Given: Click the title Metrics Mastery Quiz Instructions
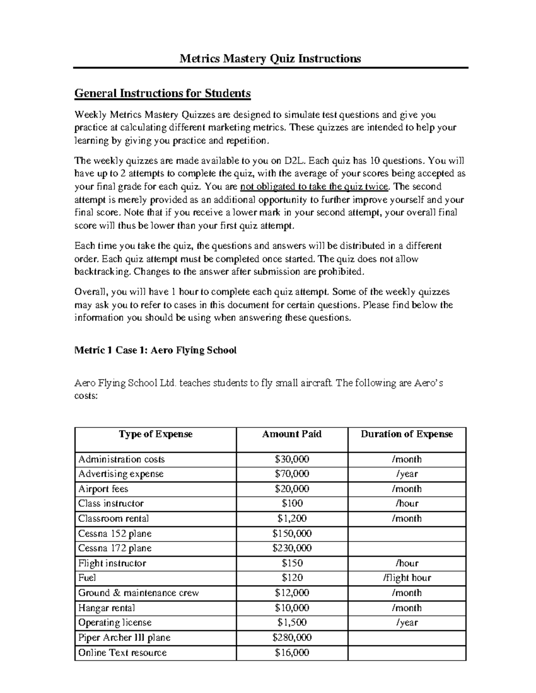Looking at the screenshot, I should click(270, 58).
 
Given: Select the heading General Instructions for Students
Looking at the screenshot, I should click(162, 93).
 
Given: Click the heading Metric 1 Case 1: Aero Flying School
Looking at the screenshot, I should click(155, 350).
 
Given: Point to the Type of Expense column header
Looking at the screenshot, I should click(155, 434).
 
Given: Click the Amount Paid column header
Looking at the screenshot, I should click(292, 434).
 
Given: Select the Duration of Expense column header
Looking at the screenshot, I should click(406, 434).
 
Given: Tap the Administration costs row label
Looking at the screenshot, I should click(121, 459).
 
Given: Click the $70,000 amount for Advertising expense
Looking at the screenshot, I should click(292, 474).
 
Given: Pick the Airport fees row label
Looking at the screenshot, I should click(103, 489).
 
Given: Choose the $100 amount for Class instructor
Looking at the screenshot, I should click(292, 503).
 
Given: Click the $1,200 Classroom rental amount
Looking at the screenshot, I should click(292, 519).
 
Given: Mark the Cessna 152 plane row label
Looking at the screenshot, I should click(115, 534).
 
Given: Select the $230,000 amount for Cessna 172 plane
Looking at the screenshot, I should click(292, 548).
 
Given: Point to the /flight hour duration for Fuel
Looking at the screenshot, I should click(406, 578).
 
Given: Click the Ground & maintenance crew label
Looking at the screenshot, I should click(138, 593).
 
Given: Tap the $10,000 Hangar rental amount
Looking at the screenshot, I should click(292, 608).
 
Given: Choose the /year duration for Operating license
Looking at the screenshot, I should click(406, 622).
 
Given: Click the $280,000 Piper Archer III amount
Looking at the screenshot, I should click(292, 638).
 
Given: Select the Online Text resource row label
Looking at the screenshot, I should click(122, 652).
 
